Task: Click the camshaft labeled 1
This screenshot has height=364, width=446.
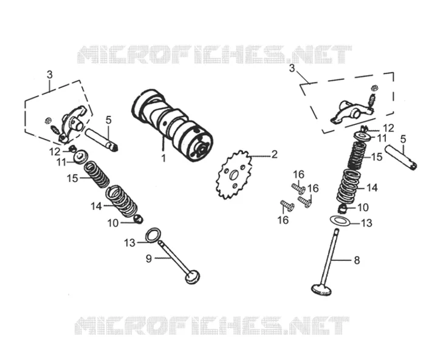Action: click(173, 125)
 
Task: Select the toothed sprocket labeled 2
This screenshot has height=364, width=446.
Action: click(234, 175)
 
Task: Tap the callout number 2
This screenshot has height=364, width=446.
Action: click(274, 155)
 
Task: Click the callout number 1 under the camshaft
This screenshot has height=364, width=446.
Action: click(163, 158)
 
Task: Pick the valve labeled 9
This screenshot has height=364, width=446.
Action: click(179, 262)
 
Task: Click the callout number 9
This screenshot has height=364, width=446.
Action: click(149, 258)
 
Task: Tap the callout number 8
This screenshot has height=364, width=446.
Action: click(357, 260)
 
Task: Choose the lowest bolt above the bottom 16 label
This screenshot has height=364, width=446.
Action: click(287, 206)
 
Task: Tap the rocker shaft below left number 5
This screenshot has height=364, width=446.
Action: click(101, 140)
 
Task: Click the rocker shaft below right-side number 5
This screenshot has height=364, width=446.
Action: click(401, 158)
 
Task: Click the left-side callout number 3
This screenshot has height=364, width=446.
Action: click(50, 75)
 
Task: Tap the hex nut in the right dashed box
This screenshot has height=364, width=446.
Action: click(375, 88)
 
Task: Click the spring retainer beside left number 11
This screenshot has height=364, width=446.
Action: click(80, 157)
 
